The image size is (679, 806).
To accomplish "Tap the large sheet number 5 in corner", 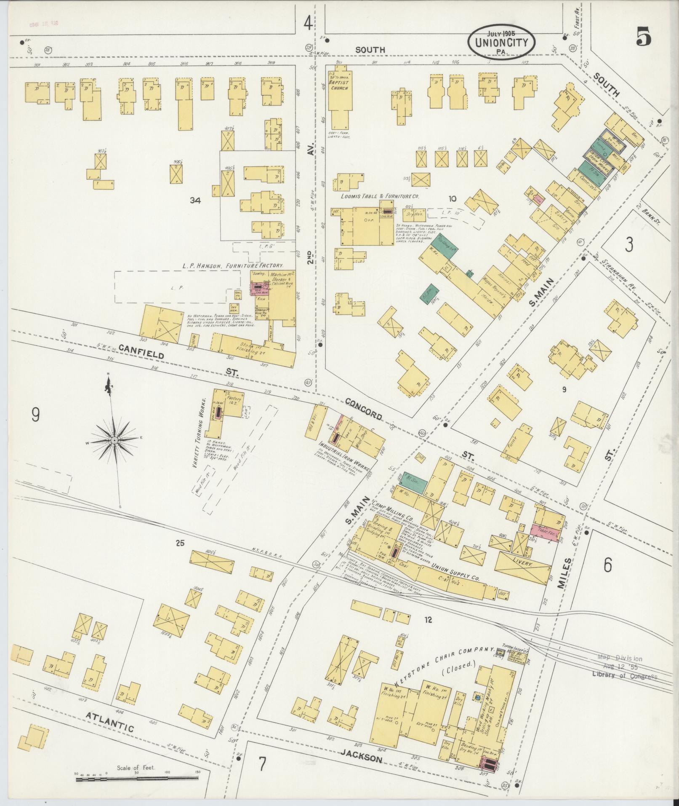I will (x=644, y=37).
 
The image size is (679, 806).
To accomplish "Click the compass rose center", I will (x=114, y=440).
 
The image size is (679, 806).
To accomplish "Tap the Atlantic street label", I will (x=109, y=722).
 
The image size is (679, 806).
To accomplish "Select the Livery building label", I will (x=523, y=564).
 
